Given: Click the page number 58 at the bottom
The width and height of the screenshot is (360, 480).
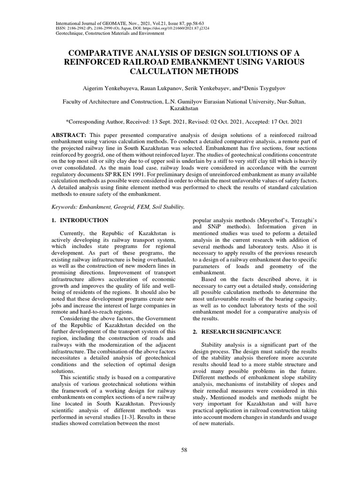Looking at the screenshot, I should click(184, 450).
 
